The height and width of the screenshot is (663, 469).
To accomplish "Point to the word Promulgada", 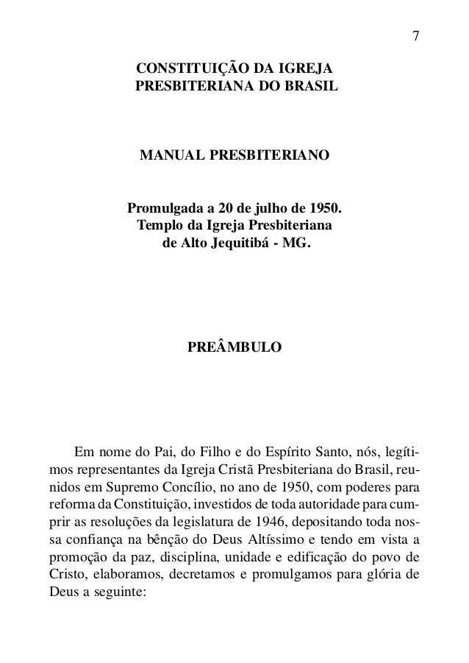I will point(168,207).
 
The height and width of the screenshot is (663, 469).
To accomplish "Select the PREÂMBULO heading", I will point(234,347).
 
